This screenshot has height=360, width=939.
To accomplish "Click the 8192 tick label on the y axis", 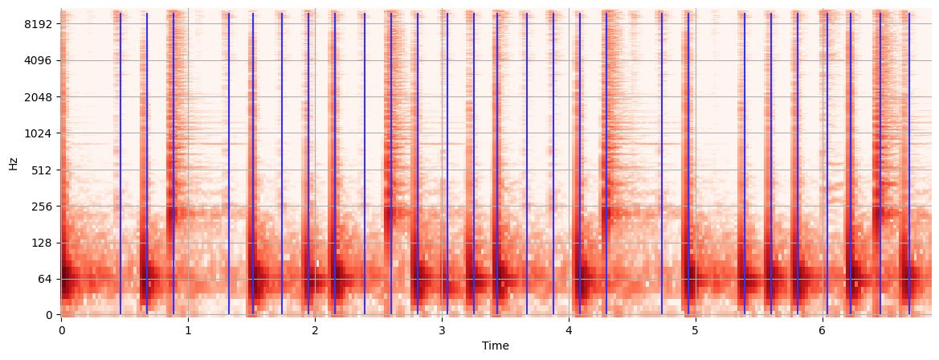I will click(38, 24).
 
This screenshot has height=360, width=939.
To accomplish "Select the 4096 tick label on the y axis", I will click(38, 60).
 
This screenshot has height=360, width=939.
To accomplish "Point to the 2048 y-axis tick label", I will click(38, 97).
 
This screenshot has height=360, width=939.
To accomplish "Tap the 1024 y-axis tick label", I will click(38, 133).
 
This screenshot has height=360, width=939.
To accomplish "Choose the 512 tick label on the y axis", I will click(41, 170).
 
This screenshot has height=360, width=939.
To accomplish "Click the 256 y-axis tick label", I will click(41, 207).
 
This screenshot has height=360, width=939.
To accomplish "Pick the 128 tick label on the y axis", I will click(41, 243).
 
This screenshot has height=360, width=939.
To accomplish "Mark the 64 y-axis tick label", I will click(43, 279).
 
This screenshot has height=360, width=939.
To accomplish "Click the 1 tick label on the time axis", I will click(188, 329).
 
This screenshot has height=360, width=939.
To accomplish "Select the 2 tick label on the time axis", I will click(315, 329).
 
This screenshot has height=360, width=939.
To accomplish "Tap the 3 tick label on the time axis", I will click(442, 329).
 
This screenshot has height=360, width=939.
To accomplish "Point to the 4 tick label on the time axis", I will click(569, 329).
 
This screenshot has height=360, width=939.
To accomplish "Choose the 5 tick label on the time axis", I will click(696, 329).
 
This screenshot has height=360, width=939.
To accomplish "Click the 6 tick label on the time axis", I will click(823, 329).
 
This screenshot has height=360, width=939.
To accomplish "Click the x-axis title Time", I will click(495, 346).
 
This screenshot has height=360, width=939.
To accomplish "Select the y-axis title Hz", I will click(13, 163).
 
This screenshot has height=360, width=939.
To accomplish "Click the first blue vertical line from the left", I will click(120, 161).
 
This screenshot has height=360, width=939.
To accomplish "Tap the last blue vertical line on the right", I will click(909, 161).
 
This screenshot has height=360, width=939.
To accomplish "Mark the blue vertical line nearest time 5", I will click(688, 161).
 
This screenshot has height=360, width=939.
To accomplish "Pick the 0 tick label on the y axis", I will click(49, 315).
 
